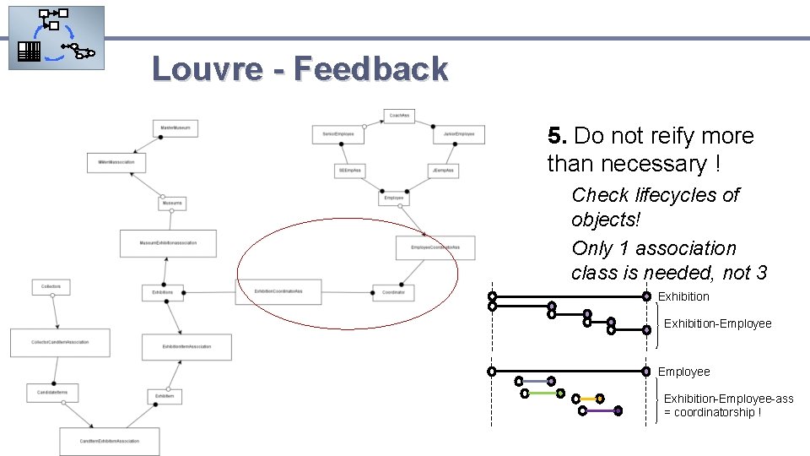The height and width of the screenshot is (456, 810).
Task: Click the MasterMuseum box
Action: (175, 128)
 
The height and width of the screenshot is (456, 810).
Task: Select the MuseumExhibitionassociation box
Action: (168, 243)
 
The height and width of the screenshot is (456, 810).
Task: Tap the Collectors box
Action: (51, 287)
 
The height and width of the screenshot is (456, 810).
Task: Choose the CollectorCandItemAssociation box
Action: (60, 342)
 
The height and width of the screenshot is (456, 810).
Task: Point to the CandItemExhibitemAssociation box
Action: (109, 441)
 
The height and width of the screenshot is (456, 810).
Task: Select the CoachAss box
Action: (399, 115)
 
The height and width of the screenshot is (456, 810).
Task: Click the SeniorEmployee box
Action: (338, 133)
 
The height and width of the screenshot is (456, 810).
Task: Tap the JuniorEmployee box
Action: (459, 133)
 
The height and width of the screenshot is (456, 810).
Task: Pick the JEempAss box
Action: (443, 170)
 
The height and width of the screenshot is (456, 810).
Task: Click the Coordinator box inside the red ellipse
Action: (393, 292)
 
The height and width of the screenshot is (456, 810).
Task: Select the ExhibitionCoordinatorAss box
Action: (278, 292)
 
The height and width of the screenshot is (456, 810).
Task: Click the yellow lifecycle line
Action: (587, 398)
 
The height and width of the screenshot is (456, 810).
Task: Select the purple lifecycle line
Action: (600, 410)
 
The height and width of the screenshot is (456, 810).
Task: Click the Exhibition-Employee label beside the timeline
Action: (717, 323)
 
